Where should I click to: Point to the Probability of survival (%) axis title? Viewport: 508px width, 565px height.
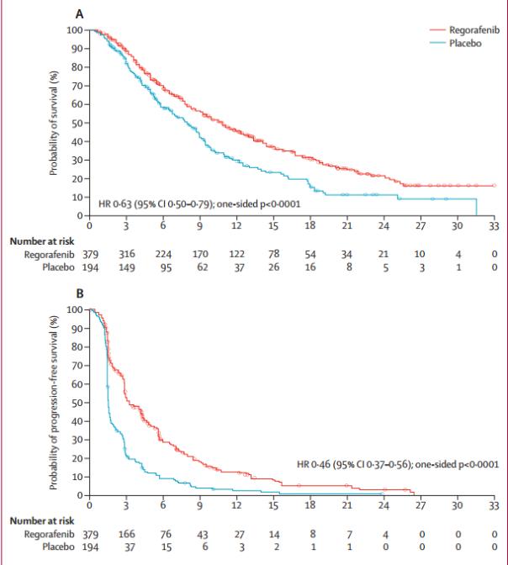(x=53, y=124)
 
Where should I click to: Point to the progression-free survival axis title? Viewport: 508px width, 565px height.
(x=53, y=402)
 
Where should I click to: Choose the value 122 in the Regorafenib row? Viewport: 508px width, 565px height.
(x=236, y=254)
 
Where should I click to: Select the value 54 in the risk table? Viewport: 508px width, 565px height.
(x=310, y=254)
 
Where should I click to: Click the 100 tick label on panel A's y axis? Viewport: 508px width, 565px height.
(x=74, y=30)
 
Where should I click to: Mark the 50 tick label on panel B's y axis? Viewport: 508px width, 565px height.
(x=77, y=402)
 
